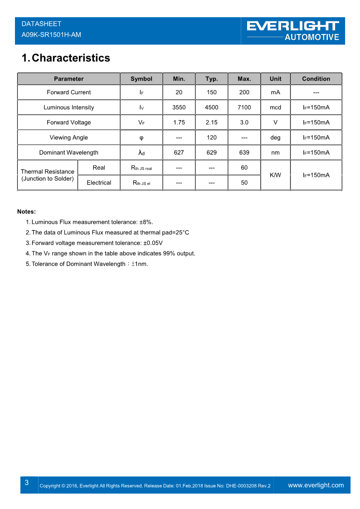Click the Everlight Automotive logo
pos(293,30)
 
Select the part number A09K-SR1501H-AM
pos(51,34)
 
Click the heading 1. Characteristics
pos(66,58)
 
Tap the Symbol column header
pos(141,79)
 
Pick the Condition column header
pos(316,79)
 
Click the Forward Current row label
pos(68,92)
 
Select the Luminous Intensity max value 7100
pos(244,107)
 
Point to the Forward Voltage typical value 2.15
pos(211,122)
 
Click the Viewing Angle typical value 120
pos(211,137)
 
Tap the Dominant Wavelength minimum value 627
pos(179,153)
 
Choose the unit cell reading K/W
pos(275,175)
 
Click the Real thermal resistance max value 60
pos(244,168)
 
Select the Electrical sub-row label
pos(99,183)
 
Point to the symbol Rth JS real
pos(141,168)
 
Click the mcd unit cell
pos(275,107)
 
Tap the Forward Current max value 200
pos(244,92)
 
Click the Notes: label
pos(26,212)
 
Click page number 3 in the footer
pos(27,483)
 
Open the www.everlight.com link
pos(316,485)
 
